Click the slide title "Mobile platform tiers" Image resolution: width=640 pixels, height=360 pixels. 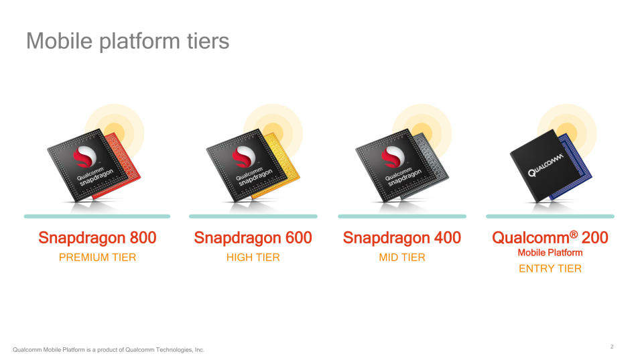point(128,41)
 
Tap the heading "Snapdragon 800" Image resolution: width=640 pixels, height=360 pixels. point(97,238)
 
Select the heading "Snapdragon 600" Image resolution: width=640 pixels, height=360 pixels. point(253,238)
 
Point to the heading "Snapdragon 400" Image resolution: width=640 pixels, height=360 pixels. point(402,238)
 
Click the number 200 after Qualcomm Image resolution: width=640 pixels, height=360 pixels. point(594,237)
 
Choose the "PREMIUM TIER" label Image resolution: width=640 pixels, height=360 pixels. point(98,257)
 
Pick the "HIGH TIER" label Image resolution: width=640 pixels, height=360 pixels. point(253,257)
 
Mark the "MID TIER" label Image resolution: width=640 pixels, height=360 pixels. point(402,257)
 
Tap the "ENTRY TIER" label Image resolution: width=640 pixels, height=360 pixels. point(550,269)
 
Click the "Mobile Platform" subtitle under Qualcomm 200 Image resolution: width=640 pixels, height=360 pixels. point(550,253)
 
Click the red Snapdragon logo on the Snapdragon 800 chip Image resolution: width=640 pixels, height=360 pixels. point(85,156)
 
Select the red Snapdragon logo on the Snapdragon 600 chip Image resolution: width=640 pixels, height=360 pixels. point(244,156)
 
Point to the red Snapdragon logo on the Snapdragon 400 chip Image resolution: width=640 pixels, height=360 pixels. point(393,156)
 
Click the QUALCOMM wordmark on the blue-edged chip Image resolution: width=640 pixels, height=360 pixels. point(546,165)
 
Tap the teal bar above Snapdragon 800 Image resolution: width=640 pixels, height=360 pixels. point(97,217)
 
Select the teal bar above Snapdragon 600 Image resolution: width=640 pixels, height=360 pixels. point(253,217)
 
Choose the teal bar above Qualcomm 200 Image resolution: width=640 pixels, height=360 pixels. point(550,217)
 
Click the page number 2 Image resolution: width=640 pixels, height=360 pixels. point(612,347)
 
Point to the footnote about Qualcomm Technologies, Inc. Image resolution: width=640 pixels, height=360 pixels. point(109,350)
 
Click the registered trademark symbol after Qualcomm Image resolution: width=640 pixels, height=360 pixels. point(574,234)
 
